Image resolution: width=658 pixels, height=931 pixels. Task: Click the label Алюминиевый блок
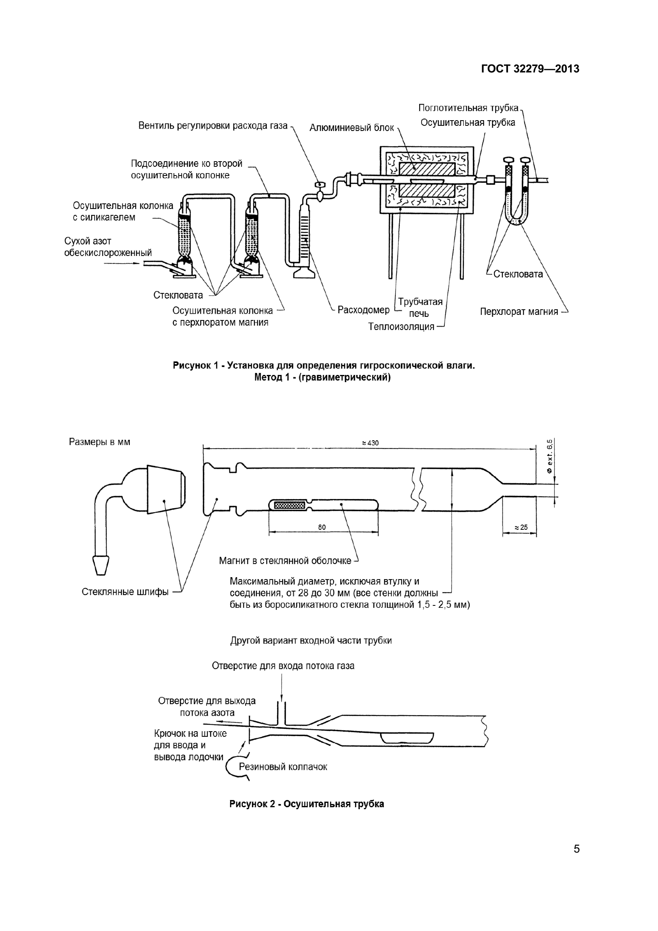coord(351,128)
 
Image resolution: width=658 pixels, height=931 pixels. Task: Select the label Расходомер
coord(363,310)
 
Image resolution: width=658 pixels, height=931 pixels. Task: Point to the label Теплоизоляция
coord(401,327)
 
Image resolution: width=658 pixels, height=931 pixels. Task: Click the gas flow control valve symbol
coord(320,185)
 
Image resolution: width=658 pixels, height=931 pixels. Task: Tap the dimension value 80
coord(322,527)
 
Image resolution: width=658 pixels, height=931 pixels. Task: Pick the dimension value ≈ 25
coord(521,527)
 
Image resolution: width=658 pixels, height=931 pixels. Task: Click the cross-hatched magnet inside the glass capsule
coord(289,505)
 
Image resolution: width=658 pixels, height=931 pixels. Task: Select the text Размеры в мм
coord(100,442)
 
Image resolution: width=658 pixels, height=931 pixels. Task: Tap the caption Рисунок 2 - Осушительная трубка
coord(307,804)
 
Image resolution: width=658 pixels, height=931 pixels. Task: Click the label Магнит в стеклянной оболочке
coord(285,561)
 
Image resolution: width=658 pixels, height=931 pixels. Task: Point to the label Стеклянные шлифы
coord(125,592)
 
